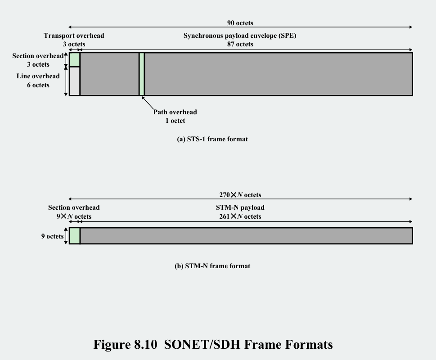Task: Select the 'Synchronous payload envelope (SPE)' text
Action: [x=239, y=36]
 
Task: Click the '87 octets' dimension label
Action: [x=240, y=44]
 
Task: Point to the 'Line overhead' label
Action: [x=38, y=76]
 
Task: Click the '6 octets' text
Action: [x=38, y=85]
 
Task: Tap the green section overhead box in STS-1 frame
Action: [x=74, y=60]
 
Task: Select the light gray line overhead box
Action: [x=74, y=81]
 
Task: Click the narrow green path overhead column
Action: [x=142, y=74]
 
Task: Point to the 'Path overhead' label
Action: [x=175, y=112]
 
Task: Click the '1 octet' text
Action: [x=175, y=121]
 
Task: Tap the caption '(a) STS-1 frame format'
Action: [x=212, y=139]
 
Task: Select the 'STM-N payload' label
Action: [x=240, y=207]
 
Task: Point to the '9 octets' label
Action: [x=52, y=236]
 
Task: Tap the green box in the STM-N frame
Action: [x=74, y=236]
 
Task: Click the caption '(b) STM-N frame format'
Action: [x=212, y=266]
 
